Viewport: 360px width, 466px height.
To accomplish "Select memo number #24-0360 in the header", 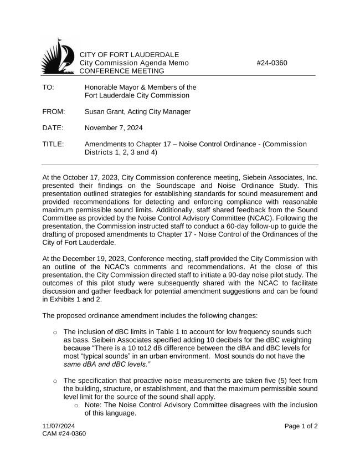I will click(272, 63).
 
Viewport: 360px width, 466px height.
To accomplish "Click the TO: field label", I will click(48, 87).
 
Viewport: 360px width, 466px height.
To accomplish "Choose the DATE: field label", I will click(53, 128).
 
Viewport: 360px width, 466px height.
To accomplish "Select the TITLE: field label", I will click(53, 144).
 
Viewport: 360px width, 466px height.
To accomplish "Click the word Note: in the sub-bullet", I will click(95, 405).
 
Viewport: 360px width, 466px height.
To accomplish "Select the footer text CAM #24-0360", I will click(65, 434).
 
